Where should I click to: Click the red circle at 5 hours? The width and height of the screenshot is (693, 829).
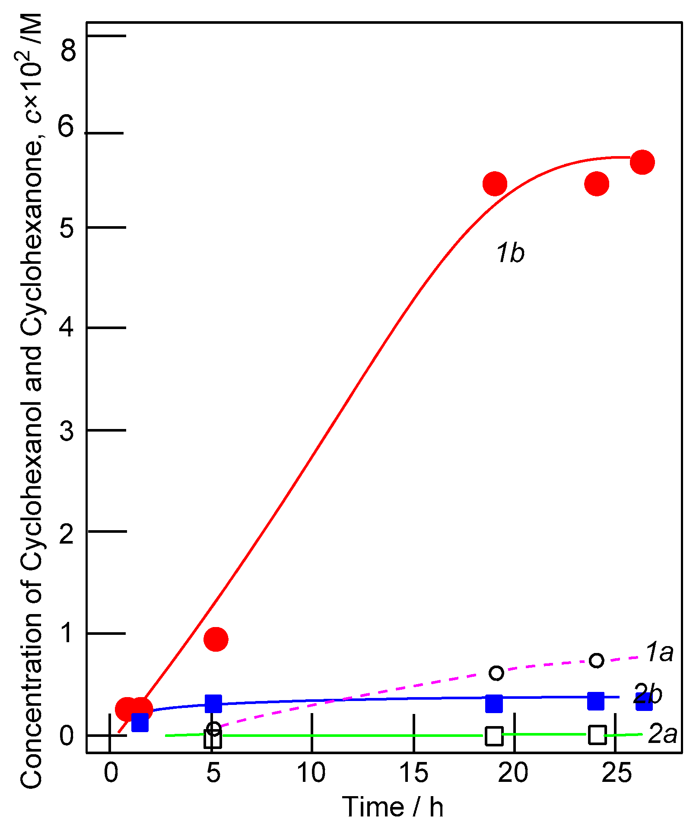coord(216,639)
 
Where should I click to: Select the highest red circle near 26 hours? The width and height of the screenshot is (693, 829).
coord(642,162)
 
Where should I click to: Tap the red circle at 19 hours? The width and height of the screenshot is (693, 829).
coord(495,183)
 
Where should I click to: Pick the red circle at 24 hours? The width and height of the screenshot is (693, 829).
coord(597,184)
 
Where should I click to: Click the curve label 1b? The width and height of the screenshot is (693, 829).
coord(510,253)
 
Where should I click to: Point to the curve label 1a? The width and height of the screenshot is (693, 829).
coord(659,652)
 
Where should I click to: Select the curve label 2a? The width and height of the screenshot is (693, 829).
coord(662,734)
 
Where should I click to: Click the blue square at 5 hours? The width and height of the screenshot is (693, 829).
coord(213,704)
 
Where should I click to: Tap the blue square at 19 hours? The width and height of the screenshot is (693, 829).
coord(494,704)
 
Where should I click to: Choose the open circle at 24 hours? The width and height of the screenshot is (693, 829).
coord(596,660)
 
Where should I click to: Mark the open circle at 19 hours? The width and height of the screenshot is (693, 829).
coord(496,673)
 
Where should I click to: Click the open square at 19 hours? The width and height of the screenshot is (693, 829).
coord(494,736)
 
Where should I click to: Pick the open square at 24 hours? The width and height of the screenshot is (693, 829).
coord(597,734)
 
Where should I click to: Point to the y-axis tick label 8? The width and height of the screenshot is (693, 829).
coord(68,51)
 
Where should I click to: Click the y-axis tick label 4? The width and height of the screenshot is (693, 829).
coord(67,327)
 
